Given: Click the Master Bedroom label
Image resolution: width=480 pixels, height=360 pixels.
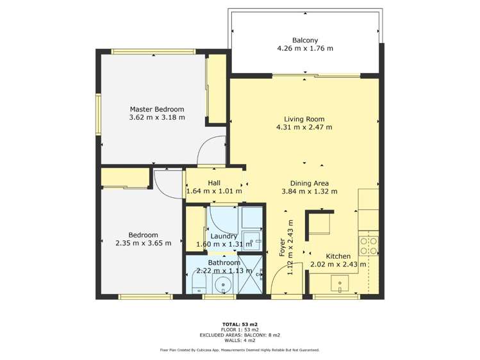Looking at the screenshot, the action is click(x=157, y=109).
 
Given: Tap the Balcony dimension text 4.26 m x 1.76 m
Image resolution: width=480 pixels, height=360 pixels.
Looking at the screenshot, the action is click(x=305, y=48).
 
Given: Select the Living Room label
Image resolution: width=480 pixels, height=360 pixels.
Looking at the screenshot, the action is click(x=304, y=119).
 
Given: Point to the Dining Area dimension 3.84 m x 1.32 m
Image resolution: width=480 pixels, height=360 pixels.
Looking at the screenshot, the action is click(x=309, y=192).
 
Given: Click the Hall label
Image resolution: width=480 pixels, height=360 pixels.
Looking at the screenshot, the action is click(x=214, y=183).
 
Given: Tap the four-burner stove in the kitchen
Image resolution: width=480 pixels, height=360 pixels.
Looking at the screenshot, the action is click(x=368, y=246).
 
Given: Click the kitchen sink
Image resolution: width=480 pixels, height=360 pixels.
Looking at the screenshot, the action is click(x=340, y=284).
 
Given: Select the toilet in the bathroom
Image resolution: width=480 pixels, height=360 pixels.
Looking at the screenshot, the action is click(x=199, y=282).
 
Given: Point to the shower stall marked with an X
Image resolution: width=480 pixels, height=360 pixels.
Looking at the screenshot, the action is click(x=251, y=274).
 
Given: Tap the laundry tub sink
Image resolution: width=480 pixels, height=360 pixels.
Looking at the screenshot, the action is click(x=251, y=241).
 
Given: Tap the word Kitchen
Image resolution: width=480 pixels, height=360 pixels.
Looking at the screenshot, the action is click(x=338, y=256).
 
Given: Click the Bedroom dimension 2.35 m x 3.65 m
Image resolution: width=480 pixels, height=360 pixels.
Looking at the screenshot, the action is click(x=144, y=243).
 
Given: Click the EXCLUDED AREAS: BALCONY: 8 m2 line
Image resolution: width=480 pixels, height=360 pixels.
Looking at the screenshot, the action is click(x=240, y=335).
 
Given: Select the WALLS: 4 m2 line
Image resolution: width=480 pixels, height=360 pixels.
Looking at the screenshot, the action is click(x=240, y=340).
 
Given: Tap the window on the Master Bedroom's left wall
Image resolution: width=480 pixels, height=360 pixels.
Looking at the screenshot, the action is click(x=98, y=115).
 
